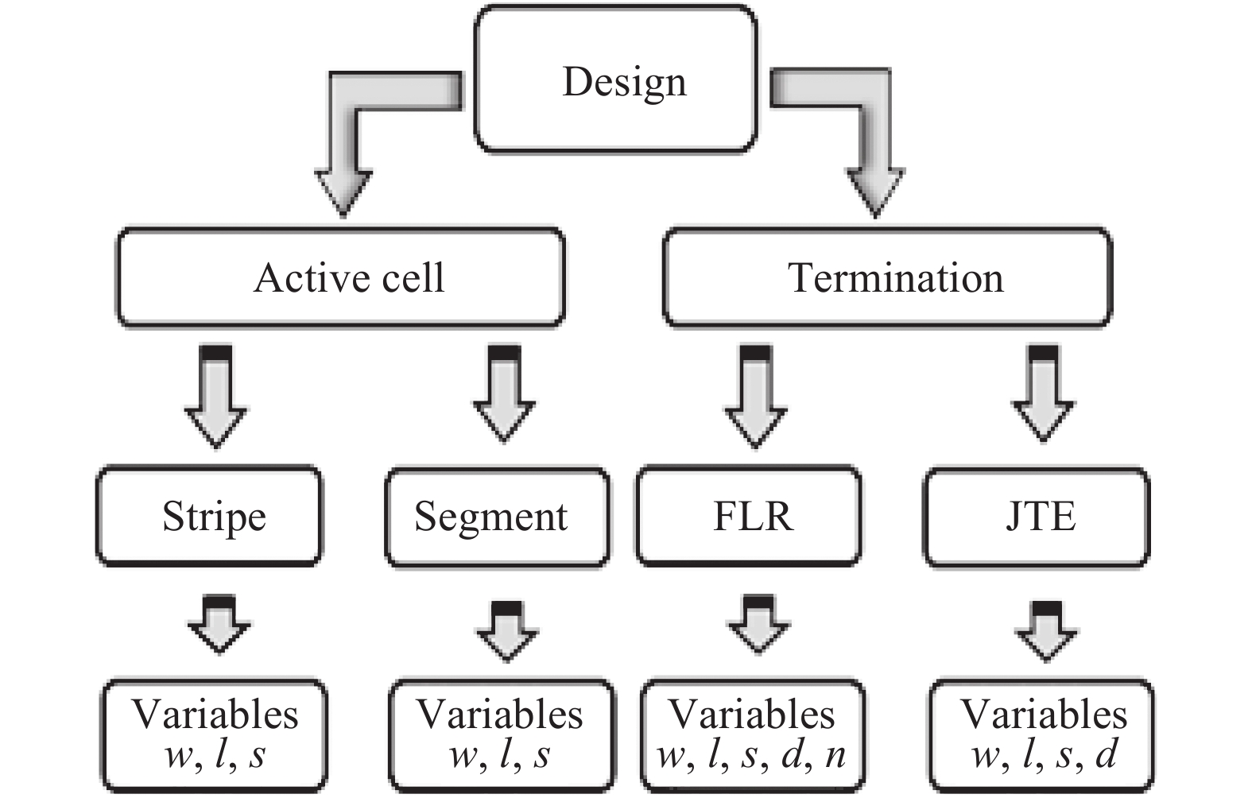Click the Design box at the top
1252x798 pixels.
click(x=616, y=79)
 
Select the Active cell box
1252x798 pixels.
click(x=342, y=278)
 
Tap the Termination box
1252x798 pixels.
click(x=887, y=278)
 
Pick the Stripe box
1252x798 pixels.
click(x=210, y=517)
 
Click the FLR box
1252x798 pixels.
click(x=749, y=517)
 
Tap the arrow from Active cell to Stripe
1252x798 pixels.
click(x=216, y=397)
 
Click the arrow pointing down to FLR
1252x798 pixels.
click(x=756, y=397)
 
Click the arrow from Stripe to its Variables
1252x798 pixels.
click(x=219, y=626)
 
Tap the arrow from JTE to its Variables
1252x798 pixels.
click(x=1046, y=632)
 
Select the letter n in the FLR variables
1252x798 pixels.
click(x=835, y=755)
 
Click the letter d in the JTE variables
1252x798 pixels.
click(x=1107, y=753)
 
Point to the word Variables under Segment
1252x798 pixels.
click(x=500, y=715)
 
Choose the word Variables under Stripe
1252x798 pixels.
click(x=215, y=715)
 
